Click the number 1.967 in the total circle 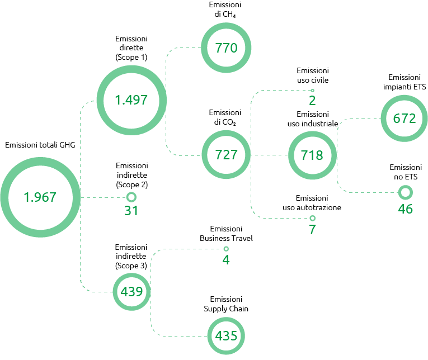40,197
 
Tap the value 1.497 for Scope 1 131,100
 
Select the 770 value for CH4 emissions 226,48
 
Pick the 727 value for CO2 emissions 226,155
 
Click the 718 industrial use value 312,155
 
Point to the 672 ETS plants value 405,119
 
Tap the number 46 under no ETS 406,209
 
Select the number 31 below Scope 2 131,211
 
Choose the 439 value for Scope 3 131,292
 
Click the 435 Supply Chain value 226,336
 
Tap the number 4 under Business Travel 226,259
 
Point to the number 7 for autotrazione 312,229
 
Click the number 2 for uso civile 312,101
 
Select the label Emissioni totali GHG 40,145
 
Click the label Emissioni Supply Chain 226,304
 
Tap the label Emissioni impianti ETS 405,82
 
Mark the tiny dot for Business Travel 226,249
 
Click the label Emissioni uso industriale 313,119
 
